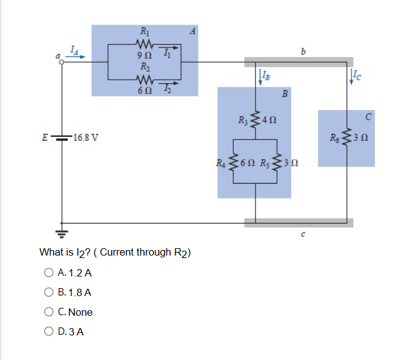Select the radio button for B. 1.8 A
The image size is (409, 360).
[x=49, y=292]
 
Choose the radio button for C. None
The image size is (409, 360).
[x=49, y=312]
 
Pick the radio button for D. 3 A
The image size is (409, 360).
[x=49, y=332]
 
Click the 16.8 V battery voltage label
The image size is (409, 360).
[x=82, y=136]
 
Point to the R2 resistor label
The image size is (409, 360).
[x=144, y=66]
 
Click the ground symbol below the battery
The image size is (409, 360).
[x=62, y=232]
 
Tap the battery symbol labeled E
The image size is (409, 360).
[x=61, y=136]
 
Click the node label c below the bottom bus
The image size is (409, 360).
[x=303, y=235]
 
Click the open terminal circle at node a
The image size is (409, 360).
[x=61, y=62]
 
